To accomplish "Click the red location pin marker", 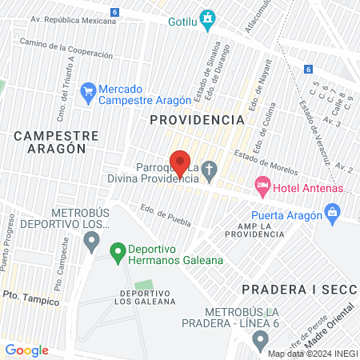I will (x=180, y=162).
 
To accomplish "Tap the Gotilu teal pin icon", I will (x=208, y=18).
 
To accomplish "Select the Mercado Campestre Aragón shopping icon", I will (x=88, y=94).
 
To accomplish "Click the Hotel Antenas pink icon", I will (x=262, y=187).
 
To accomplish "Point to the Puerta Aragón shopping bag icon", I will (x=332, y=214).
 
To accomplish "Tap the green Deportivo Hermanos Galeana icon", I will (x=118, y=254).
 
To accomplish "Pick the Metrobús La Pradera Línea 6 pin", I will (x=259, y=342).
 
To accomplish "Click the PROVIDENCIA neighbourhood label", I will (x=197, y=119).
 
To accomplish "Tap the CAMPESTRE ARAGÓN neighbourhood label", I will (x=56, y=142).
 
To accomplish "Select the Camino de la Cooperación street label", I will (x=66, y=50).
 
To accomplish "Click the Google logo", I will (x=26, y=350).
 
